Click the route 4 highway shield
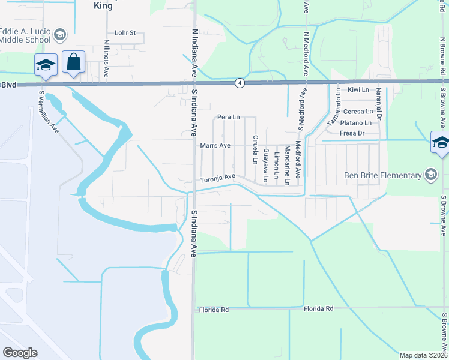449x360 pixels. coord(240,83)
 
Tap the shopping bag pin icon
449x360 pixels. coord(73,62)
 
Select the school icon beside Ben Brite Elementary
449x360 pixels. coord(430,175)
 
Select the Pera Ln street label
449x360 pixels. coord(224,116)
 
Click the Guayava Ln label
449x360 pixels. coord(265,163)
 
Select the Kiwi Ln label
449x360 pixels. coord(357,89)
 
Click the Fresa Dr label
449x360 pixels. coord(352,133)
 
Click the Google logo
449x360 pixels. coord(20,352)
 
